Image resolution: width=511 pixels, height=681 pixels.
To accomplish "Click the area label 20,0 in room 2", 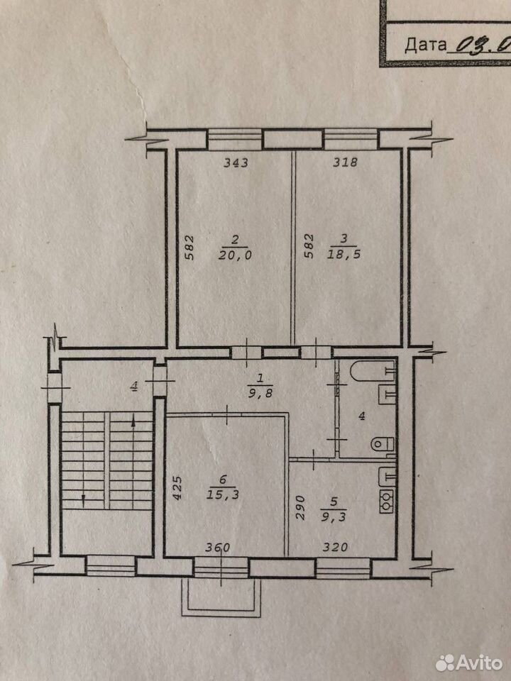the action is [x=235, y=255].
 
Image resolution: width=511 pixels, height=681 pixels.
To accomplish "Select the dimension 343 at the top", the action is [x=236, y=163].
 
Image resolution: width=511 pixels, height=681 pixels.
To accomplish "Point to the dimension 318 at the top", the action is [x=345, y=162].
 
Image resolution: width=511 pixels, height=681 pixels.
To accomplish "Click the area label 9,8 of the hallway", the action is [x=260, y=394].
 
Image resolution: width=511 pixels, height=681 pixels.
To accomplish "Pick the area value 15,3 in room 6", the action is [x=224, y=496].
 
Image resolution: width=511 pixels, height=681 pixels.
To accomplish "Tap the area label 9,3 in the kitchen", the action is [x=334, y=517].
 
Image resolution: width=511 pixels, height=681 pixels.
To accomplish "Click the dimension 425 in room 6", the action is [x=179, y=489].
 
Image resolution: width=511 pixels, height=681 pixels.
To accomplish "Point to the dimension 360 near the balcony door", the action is [x=218, y=547].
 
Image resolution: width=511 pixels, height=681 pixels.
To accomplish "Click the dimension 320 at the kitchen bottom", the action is [x=335, y=547].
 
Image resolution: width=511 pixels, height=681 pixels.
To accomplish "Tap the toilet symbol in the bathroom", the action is [x=383, y=444].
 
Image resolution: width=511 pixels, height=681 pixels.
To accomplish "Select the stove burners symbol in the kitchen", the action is [x=386, y=502].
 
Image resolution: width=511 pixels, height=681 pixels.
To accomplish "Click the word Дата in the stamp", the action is [x=425, y=45].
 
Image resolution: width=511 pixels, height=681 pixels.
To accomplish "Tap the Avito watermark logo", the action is [x=469, y=663].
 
